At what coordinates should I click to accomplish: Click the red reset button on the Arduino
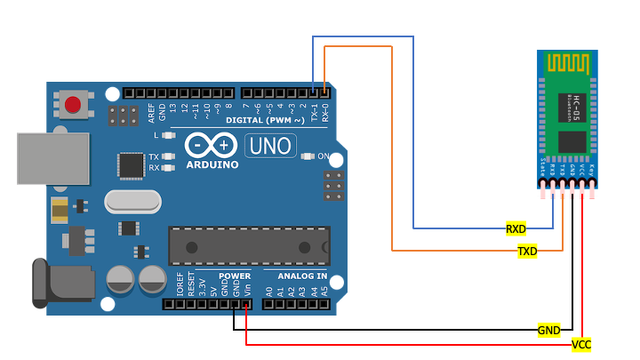[73, 104]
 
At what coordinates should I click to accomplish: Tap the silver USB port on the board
[53, 158]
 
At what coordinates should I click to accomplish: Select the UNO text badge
[274, 146]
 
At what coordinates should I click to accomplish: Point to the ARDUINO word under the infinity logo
[212, 164]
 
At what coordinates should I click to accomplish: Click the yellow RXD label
[516, 228]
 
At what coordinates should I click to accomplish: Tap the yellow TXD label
[527, 252]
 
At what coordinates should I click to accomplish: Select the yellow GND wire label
[548, 330]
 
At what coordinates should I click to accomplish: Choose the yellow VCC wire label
[581, 344]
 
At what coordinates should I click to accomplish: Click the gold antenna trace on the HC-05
[568, 64]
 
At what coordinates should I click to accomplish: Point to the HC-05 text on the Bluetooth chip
[576, 103]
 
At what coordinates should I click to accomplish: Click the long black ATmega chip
[249, 245]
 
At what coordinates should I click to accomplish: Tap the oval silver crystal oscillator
[132, 203]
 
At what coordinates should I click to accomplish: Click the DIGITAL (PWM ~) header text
[265, 119]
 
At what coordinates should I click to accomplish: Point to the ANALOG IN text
[296, 276]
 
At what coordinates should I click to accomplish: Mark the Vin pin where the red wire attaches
[245, 304]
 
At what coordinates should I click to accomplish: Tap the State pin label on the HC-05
[543, 167]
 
